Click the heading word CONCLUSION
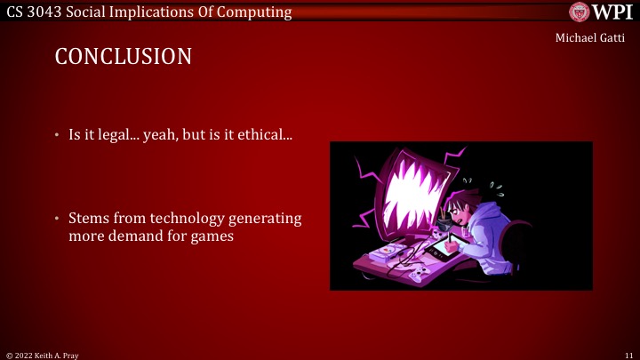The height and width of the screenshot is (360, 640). [x=123, y=57]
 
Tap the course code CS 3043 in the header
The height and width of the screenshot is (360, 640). [x=35, y=12]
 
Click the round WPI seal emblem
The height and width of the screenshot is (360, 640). [x=580, y=12]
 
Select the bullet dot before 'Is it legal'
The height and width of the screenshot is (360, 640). [x=58, y=137]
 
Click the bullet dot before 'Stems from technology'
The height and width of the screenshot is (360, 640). [x=58, y=219]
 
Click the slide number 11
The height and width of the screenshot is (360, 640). [x=628, y=354]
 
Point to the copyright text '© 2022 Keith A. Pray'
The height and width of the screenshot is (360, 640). [x=44, y=354]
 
